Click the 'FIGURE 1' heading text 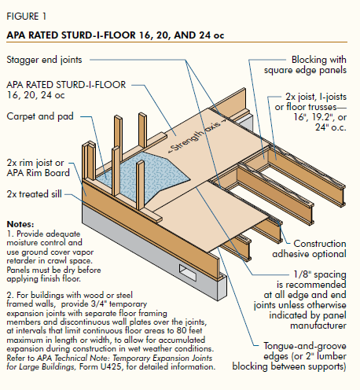pyautogui.click(x=27, y=17)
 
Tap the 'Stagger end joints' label pyautogui.click(x=44, y=60)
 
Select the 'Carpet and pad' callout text pyautogui.click(x=40, y=116)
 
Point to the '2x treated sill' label pyautogui.click(x=35, y=194)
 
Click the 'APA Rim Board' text pyautogui.click(x=39, y=173)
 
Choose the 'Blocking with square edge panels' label pyautogui.click(x=305, y=64)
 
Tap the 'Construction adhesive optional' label pyautogui.click(x=309, y=248)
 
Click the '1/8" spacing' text pyautogui.click(x=320, y=274)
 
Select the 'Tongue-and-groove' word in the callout pyautogui.click(x=305, y=346)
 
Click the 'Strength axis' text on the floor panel pyautogui.click(x=197, y=137)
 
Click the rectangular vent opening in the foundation pyautogui.click(x=188, y=273)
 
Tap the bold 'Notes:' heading pyautogui.click(x=20, y=224)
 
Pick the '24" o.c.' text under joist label pyautogui.click(x=331, y=127)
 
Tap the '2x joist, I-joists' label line pyautogui.click(x=316, y=97)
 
